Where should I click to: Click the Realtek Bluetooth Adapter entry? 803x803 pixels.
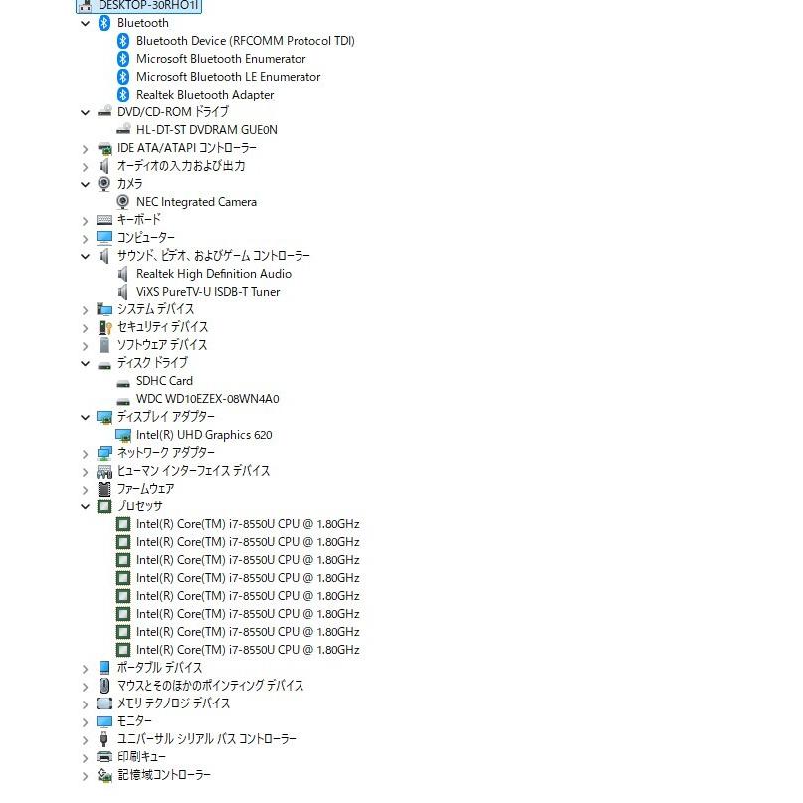(x=205, y=95)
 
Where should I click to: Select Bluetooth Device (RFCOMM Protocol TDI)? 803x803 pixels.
(x=246, y=41)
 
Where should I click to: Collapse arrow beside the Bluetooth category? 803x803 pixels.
(x=85, y=23)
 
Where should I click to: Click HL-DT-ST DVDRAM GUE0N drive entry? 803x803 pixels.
(x=206, y=130)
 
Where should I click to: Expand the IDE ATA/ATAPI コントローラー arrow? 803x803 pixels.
(x=85, y=149)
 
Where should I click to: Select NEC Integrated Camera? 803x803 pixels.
(x=196, y=202)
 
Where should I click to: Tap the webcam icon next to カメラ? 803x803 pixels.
(x=103, y=184)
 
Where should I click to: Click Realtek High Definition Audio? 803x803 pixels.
(x=214, y=274)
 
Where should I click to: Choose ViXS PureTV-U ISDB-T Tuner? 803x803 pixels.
(x=208, y=292)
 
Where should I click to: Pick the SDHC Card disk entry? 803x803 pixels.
(x=164, y=381)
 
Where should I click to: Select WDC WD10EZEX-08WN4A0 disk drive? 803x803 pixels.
(x=207, y=399)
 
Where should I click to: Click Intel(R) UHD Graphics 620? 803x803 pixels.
(x=204, y=435)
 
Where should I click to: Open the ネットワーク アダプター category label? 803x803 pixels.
(x=166, y=452)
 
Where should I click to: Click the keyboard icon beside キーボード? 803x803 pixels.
(x=104, y=220)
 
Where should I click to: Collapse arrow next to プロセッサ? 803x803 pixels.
(x=85, y=507)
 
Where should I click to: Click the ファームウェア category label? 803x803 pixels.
(x=146, y=488)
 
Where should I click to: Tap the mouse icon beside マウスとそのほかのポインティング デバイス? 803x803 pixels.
(x=103, y=686)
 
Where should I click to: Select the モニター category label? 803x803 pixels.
(x=134, y=721)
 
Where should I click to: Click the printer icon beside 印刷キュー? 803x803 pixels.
(x=104, y=757)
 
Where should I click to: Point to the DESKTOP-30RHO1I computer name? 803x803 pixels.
(x=148, y=6)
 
